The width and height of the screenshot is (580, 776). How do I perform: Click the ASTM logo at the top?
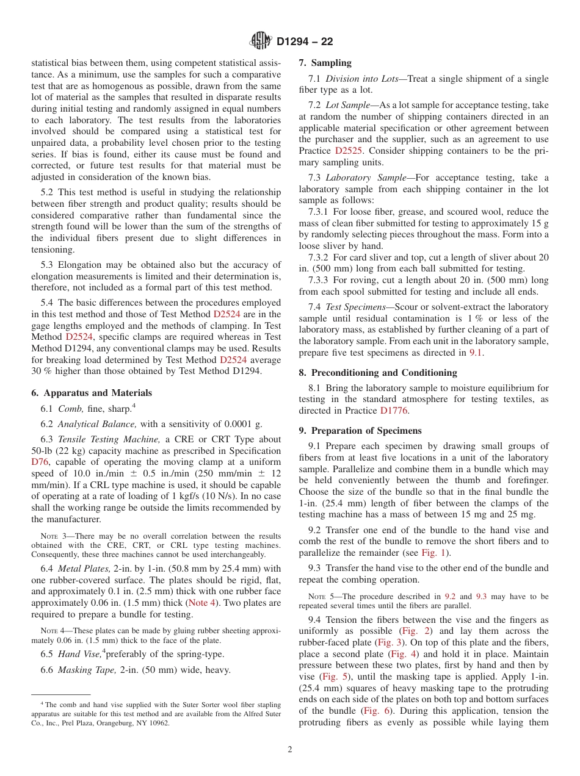point(261,41)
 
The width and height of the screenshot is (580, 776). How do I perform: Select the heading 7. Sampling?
point(325,63)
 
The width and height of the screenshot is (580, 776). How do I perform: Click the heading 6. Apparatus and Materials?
point(92,393)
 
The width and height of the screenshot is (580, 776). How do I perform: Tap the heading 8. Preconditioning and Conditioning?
point(378,373)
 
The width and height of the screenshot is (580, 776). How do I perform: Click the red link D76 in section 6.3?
point(39,462)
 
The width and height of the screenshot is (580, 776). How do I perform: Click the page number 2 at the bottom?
point(289,750)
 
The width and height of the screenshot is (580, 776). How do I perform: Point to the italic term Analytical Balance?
point(96,424)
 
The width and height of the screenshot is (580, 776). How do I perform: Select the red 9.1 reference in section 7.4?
point(475,353)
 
